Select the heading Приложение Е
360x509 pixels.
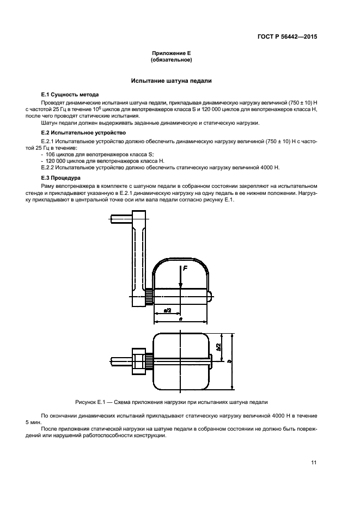tap(171, 53)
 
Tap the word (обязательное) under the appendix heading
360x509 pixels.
tap(171, 59)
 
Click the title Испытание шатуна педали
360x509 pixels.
tap(171, 81)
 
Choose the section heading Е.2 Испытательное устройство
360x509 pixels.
tap(80, 132)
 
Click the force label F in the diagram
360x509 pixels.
tap(185, 268)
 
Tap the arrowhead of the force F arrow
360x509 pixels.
tap(180, 287)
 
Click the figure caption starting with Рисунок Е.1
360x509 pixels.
tap(171, 402)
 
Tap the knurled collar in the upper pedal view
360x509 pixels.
tap(149, 297)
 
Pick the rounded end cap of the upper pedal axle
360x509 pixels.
tap(210, 297)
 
